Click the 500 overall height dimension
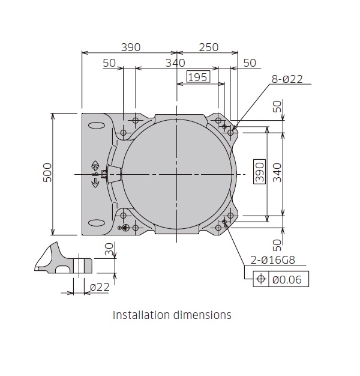pos(49,174)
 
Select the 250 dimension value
pos(208,47)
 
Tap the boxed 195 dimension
pos(197,77)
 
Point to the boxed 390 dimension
pos(259,173)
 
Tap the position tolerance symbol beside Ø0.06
pos(260,279)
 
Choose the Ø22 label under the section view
pos(99,288)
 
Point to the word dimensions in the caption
pos(202,315)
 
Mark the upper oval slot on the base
pos(95,126)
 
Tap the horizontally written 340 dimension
pos(175,62)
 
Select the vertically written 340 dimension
pos(277,173)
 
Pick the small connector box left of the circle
pos(104,174)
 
